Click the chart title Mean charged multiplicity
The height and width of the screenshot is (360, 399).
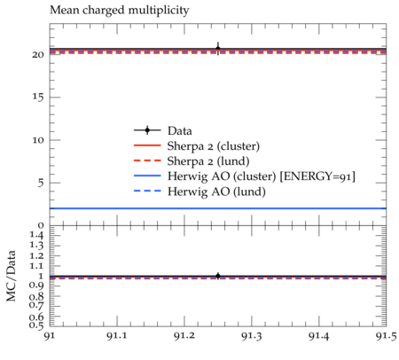[x=120, y=11]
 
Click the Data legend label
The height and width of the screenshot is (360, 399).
[x=180, y=130]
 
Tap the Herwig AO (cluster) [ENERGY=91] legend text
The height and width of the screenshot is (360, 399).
[x=262, y=176]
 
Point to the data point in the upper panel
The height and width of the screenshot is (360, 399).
[x=218, y=49]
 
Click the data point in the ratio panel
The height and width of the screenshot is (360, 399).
[x=218, y=276]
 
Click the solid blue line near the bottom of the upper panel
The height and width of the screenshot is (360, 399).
[x=218, y=208]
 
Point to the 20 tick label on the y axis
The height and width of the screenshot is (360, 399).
[x=38, y=55]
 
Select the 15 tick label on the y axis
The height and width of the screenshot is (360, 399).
[x=38, y=98]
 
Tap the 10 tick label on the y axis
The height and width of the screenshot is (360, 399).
[x=38, y=140]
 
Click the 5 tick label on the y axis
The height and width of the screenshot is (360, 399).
[x=41, y=183]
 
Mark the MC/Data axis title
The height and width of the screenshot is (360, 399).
[x=11, y=276]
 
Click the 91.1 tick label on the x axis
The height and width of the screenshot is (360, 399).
[x=117, y=336]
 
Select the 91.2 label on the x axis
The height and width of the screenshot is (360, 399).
[x=184, y=336]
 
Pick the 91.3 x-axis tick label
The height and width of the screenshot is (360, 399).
[x=252, y=336]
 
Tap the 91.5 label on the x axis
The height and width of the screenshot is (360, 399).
[x=386, y=336]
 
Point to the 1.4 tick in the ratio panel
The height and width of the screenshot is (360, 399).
[x=36, y=236]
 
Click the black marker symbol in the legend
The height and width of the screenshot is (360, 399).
[x=147, y=130]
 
